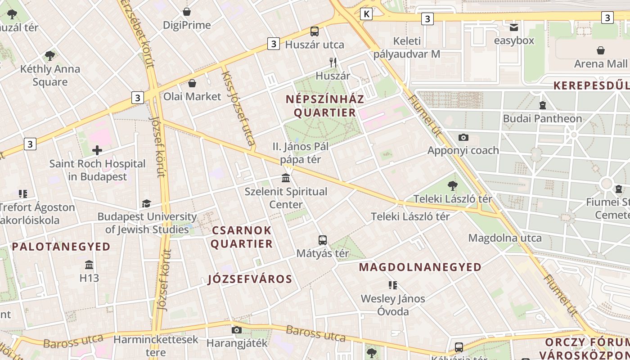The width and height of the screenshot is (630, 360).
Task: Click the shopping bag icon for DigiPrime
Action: [x=187, y=12]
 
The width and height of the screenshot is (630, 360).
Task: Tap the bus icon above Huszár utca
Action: [x=315, y=31]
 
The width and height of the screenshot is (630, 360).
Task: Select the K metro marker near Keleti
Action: [x=367, y=14]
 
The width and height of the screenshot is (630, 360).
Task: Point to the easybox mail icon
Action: [x=514, y=27]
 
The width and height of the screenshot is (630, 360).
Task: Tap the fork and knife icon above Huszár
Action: [x=333, y=63]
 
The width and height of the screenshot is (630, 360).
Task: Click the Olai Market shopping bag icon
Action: [x=192, y=83]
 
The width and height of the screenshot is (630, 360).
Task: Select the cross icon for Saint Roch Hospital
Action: [x=97, y=150]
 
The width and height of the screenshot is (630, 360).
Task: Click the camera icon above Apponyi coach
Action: [x=463, y=137]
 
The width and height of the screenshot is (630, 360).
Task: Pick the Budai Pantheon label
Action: [x=542, y=119]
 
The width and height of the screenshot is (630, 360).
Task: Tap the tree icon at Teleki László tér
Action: [x=453, y=185]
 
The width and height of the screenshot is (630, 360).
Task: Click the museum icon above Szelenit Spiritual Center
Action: [x=286, y=178]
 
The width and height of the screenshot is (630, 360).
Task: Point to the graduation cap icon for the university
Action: [x=147, y=204]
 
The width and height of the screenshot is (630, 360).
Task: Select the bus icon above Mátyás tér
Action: [x=322, y=240]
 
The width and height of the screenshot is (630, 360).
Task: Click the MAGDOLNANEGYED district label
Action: [x=420, y=267]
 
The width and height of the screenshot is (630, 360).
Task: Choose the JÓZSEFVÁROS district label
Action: [x=250, y=279]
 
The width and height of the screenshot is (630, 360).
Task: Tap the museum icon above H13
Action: [x=89, y=265]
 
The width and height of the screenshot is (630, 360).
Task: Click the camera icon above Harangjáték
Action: [x=237, y=330]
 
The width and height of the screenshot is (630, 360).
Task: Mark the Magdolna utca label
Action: [x=505, y=238]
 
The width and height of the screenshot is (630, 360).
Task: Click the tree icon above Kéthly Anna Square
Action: [x=50, y=56]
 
